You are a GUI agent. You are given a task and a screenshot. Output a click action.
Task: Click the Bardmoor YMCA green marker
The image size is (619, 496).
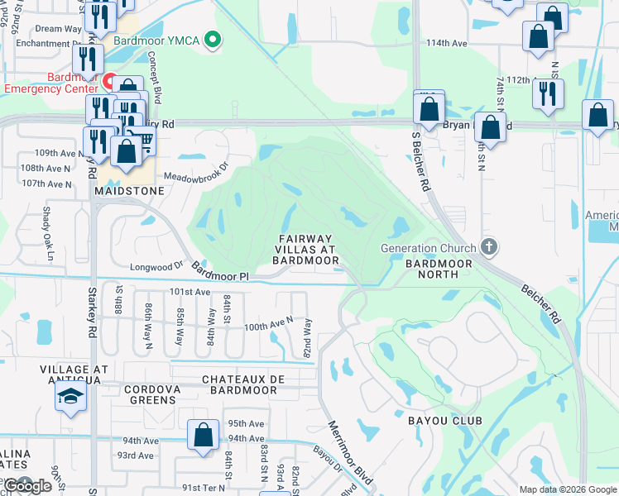tap(214, 39)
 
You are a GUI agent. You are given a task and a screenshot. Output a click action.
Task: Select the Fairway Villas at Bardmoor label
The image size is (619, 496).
tap(306, 250)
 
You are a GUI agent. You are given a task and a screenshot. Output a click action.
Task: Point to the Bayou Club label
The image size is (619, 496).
tap(444, 421)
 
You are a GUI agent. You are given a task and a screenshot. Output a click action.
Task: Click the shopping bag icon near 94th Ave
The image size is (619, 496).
tap(203, 436)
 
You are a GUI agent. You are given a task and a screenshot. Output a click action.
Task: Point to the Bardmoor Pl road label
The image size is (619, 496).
tap(219, 271)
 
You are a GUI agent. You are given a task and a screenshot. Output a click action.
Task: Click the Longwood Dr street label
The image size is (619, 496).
tap(156, 266)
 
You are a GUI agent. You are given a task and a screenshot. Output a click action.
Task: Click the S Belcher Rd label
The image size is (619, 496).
tap(420, 163)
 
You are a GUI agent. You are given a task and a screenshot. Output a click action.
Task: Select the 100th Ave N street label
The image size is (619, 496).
tap(268, 326)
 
